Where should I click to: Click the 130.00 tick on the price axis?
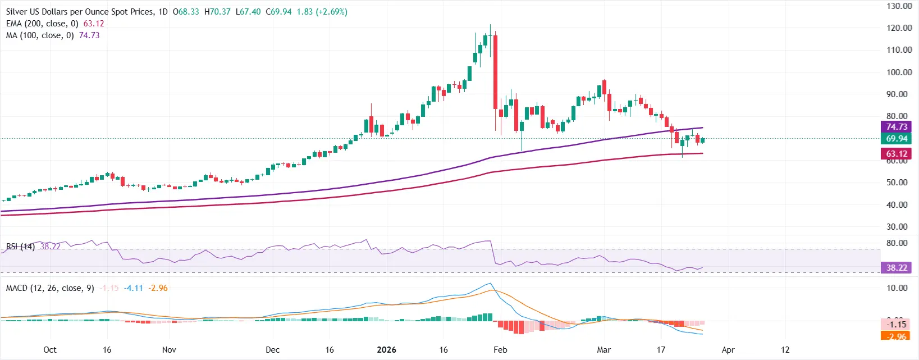click(899, 6)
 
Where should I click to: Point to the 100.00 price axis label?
click(899, 72)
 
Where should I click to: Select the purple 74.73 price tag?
click(896, 127)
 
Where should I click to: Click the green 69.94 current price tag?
click(896, 139)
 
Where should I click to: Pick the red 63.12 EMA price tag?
click(896, 154)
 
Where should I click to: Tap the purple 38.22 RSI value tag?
click(896, 268)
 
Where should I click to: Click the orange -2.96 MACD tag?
click(896, 336)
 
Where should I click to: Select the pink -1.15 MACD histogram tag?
click(896, 325)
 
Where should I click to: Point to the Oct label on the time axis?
click(50, 350)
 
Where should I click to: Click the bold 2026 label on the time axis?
click(386, 350)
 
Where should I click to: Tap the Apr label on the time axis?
click(728, 350)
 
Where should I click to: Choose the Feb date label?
click(500, 350)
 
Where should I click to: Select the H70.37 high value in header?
click(217, 12)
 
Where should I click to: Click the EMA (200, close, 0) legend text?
click(42, 24)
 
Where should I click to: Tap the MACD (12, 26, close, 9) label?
click(50, 288)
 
